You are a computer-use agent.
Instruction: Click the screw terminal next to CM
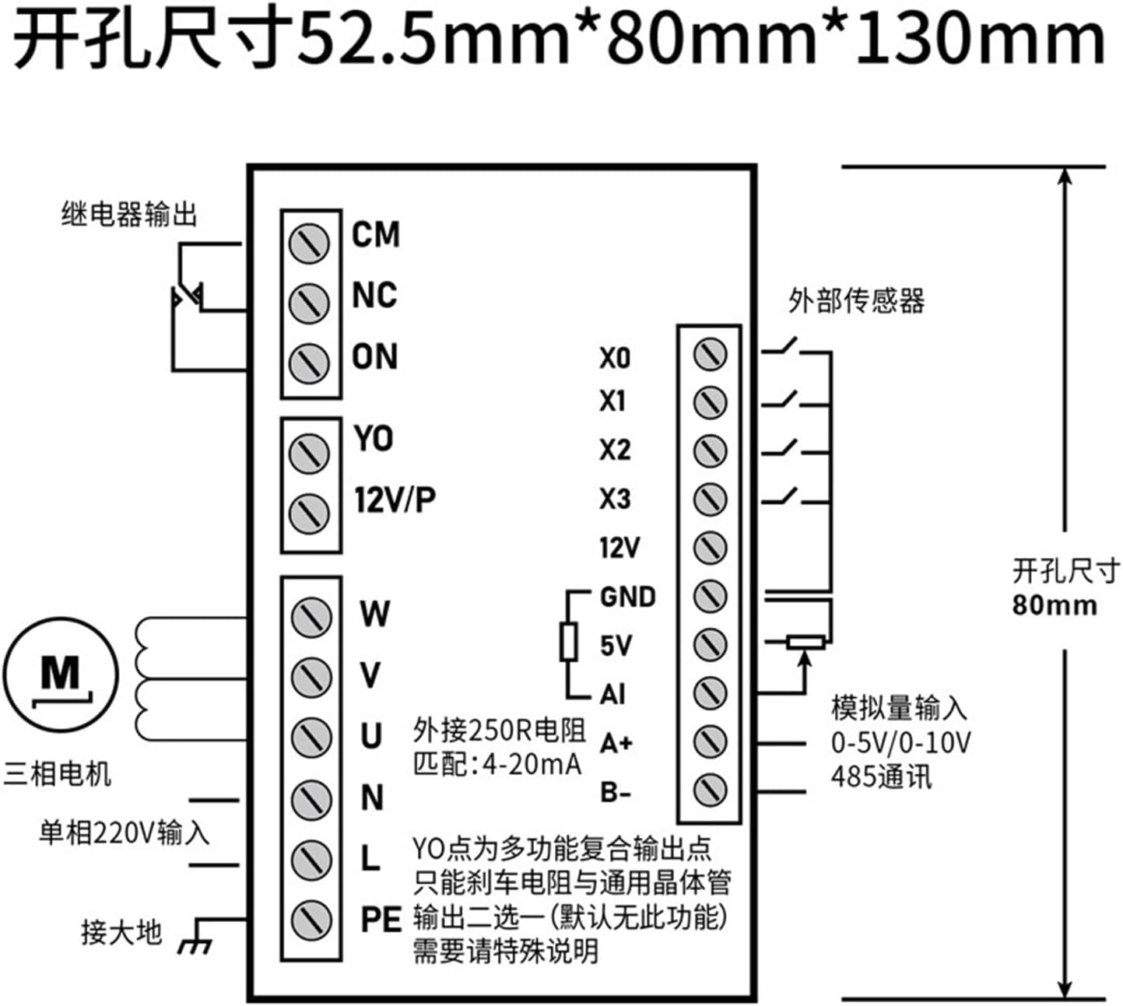309,242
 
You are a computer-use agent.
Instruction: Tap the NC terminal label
374,296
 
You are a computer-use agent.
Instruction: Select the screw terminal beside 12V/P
309,513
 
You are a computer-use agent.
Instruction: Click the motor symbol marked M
61,673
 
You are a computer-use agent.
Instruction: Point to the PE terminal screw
311,920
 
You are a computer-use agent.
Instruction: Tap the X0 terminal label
615,358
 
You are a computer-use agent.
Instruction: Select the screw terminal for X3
710,499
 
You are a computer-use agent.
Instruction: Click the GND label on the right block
628,597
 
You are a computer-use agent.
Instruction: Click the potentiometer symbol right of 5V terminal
805,643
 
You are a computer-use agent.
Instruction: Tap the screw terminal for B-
710,790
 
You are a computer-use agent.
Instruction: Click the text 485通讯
881,776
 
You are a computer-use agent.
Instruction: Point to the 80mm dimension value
1055,605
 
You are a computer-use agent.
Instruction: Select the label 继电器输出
129,214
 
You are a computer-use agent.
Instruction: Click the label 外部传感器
856,300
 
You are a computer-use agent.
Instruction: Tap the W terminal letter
374,614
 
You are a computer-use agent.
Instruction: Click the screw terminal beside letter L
311,858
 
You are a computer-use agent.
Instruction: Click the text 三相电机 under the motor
58,774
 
